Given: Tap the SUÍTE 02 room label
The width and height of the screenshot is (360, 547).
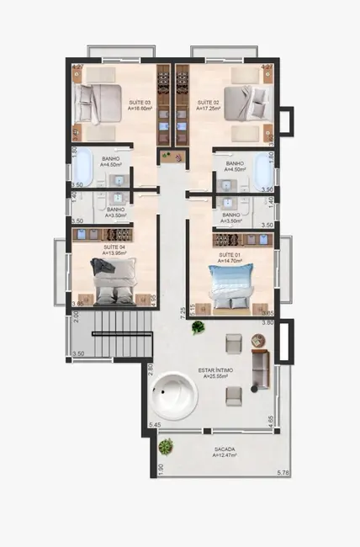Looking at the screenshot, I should pos(208,104).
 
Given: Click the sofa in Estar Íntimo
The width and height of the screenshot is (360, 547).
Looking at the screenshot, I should pos(262,369).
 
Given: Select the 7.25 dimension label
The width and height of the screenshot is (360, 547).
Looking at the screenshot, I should pos(183,314).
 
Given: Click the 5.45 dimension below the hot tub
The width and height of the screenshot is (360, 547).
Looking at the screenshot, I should pos(155,425).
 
